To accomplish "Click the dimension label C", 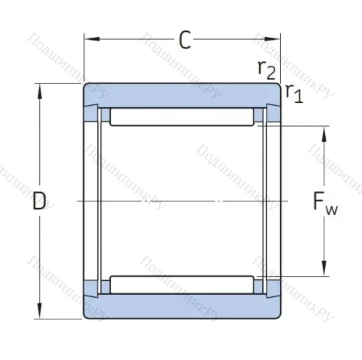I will pos(185,41).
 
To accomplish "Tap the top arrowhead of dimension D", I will pos(40,88).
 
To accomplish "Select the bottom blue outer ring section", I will pos(182,307).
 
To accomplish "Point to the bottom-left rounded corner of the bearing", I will pos(86,315).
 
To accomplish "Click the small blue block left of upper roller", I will pos(104,116).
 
